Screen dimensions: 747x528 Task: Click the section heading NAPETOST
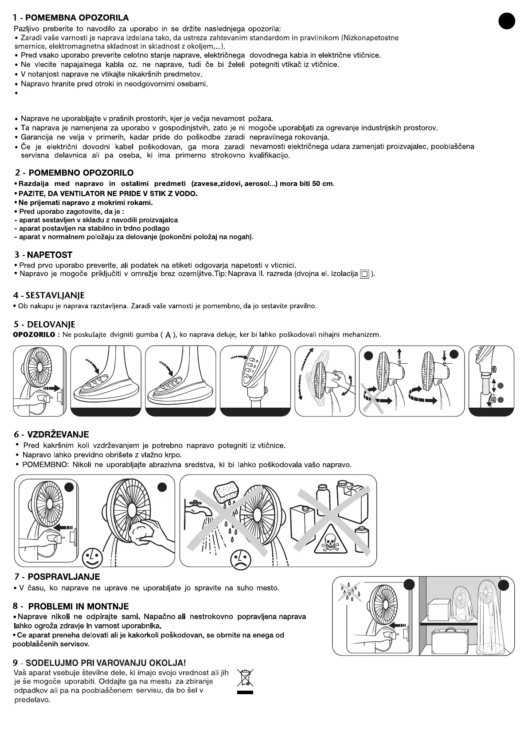click(x=49, y=255)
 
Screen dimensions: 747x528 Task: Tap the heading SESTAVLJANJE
click(x=55, y=295)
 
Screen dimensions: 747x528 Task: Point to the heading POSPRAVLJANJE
click(x=64, y=577)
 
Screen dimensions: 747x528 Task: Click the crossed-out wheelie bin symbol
click(x=245, y=679)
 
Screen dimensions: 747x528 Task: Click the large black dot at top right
click(x=506, y=21)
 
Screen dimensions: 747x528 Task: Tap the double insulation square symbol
click(x=364, y=274)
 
